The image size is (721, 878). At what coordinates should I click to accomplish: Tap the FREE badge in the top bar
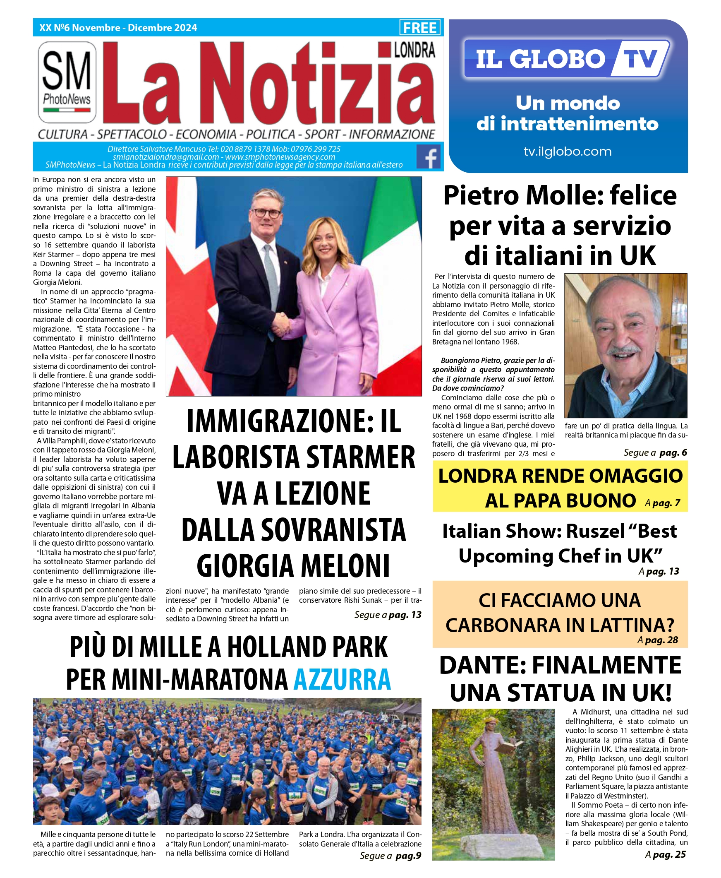point(419,28)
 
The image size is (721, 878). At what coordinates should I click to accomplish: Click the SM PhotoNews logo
point(67,82)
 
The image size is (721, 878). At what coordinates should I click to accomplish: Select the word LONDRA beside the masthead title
point(414,50)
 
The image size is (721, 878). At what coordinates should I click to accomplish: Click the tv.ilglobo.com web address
point(568,152)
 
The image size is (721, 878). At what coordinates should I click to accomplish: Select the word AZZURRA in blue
point(342,679)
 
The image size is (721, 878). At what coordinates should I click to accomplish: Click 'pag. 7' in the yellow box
point(666,503)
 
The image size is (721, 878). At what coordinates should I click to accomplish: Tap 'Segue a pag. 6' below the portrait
point(655,452)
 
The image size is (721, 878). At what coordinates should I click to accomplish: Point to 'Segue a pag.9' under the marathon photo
point(390,856)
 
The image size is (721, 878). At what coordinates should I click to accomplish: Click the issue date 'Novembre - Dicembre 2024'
point(134,28)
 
